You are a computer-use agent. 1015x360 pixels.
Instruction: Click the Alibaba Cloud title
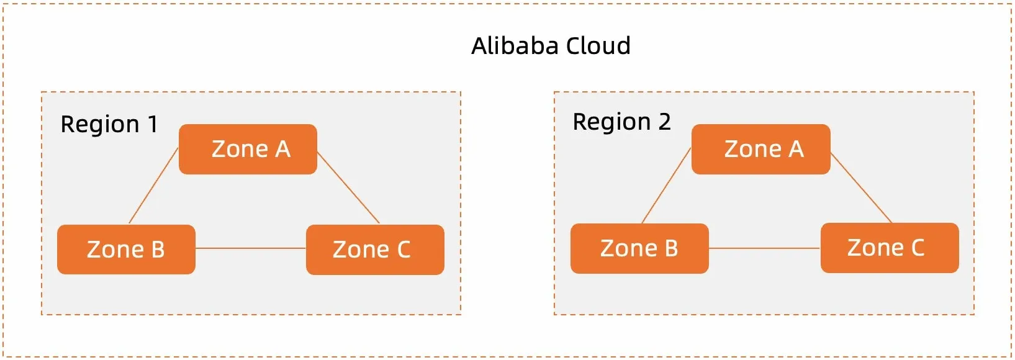pyautogui.click(x=551, y=46)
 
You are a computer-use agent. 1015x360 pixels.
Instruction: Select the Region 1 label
pyautogui.click(x=109, y=124)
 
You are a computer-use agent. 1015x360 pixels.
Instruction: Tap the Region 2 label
pyautogui.click(x=621, y=122)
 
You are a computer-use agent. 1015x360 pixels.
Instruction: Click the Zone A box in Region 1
pyautogui.click(x=248, y=149)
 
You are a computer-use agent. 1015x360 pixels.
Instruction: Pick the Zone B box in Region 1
pyautogui.click(x=126, y=249)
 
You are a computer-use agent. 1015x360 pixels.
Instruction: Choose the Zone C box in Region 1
pyautogui.click(x=375, y=250)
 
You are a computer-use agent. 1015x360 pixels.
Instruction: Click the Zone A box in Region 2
pyautogui.click(x=760, y=149)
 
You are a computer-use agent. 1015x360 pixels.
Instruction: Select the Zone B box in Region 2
pyautogui.click(x=639, y=248)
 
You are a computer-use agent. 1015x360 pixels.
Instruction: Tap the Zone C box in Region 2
pyautogui.click(x=890, y=248)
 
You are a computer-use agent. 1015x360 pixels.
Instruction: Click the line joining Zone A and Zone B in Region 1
pyautogui.click(x=153, y=186)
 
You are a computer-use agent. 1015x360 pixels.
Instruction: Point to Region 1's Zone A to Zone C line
pyautogui.click(x=348, y=187)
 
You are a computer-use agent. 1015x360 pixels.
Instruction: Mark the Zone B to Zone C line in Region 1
pyautogui.click(x=250, y=248)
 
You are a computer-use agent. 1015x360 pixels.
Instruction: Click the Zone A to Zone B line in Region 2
pyautogui.click(x=666, y=186)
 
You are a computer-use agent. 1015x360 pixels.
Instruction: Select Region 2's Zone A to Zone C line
pyautogui.click(x=861, y=187)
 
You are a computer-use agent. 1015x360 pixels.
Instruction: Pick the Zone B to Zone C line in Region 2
pyautogui.click(x=764, y=248)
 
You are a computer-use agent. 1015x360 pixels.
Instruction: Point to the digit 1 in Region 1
pyautogui.click(x=152, y=124)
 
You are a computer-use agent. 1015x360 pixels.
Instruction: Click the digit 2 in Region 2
pyautogui.click(x=664, y=122)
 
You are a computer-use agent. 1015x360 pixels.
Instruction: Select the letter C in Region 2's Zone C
pyautogui.click(x=917, y=248)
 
